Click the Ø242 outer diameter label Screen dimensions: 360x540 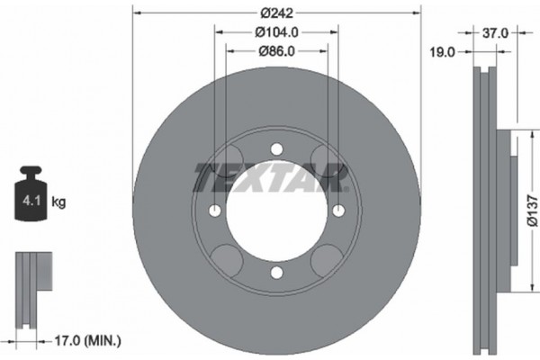pyautogui.click(x=276, y=13)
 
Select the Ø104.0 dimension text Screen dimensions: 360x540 pyautogui.click(x=276, y=31)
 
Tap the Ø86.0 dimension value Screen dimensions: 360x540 pyautogui.click(x=276, y=51)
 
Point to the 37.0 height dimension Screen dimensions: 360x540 pyautogui.click(x=497, y=32)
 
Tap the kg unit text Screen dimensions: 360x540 pyautogui.click(x=59, y=202)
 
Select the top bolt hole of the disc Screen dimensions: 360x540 pyautogui.click(x=276, y=149)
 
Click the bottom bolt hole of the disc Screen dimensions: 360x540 pyautogui.click(x=276, y=274)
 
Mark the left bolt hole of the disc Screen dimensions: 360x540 pyautogui.click(x=215, y=211)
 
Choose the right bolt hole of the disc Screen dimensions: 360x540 pyautogui.click(x=338, y=211)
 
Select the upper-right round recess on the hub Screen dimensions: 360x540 pyautogui.click(x=322, y=162)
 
